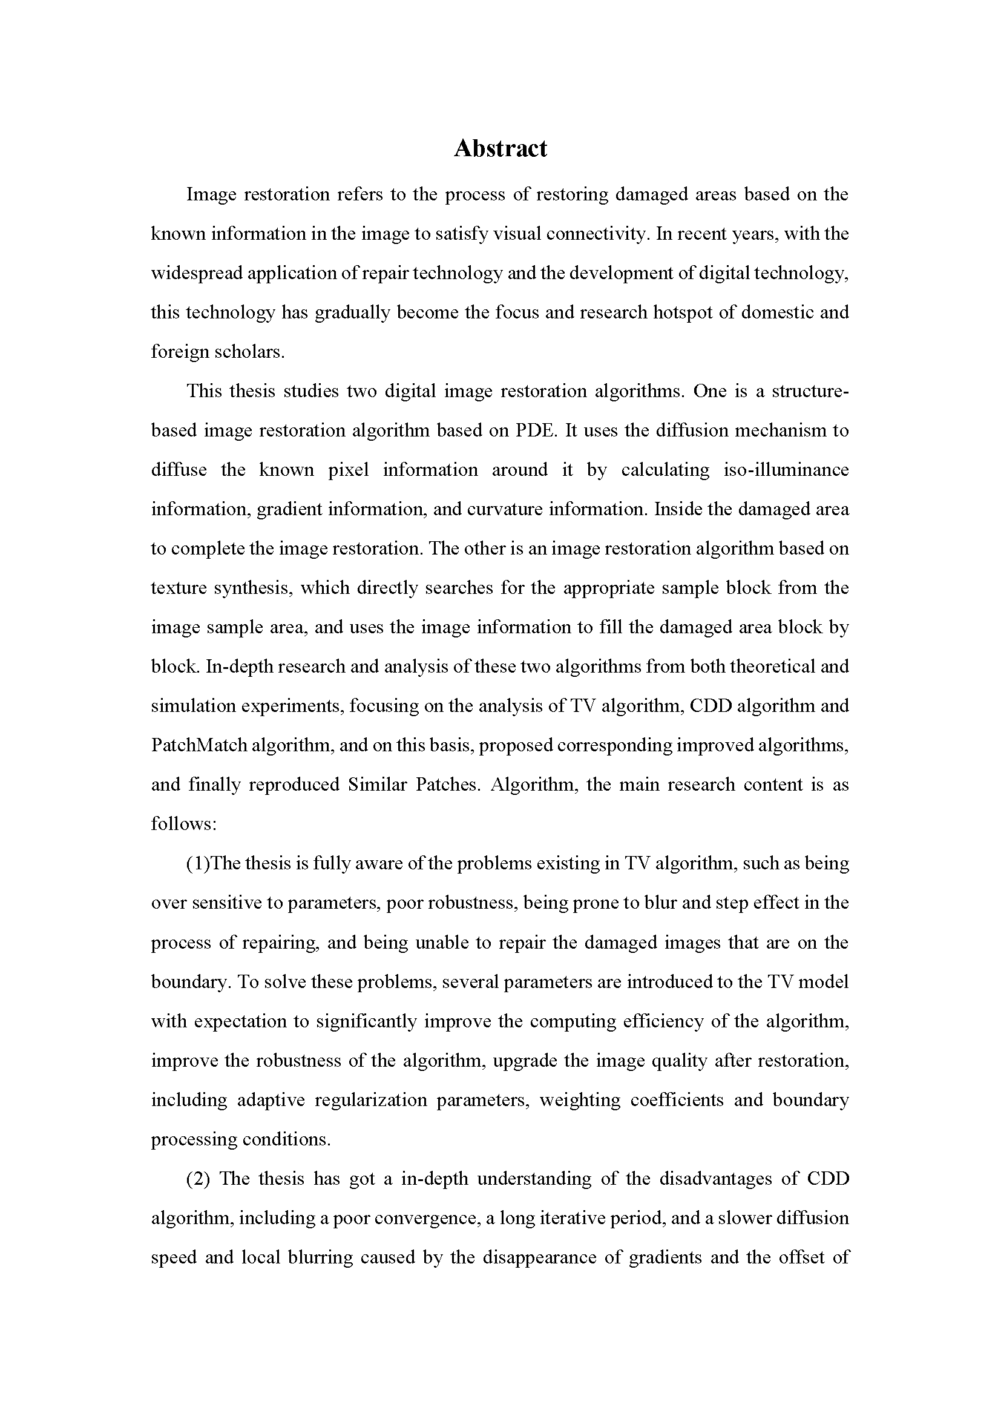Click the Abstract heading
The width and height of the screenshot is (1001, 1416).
[500, 149]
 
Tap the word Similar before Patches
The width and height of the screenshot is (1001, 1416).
[376, 785]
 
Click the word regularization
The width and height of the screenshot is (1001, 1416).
[370, 1099]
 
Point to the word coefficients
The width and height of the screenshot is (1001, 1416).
[676, 1099]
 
